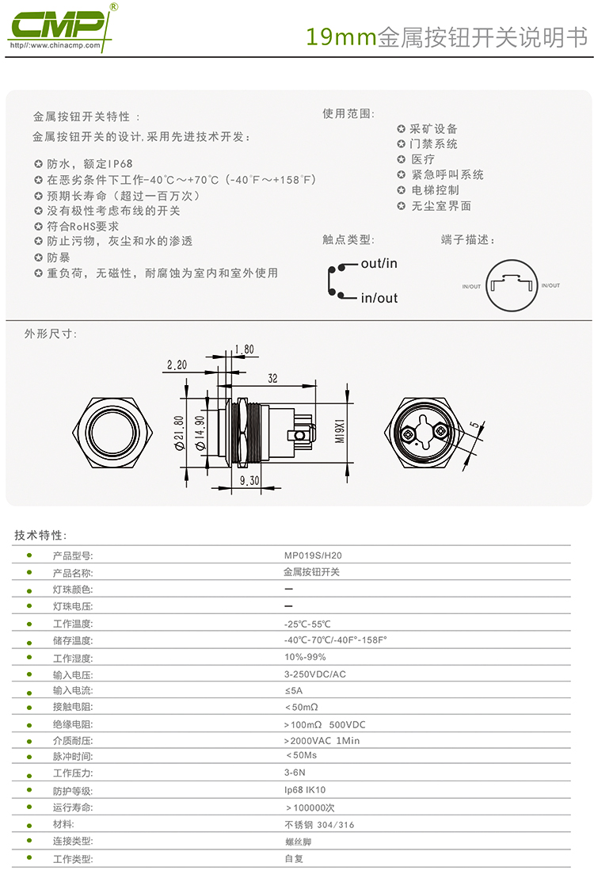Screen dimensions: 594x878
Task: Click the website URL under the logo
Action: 55,45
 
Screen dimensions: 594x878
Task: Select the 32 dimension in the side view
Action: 272,379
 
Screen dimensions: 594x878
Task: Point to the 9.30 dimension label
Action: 249,480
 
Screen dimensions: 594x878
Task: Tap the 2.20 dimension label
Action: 177,365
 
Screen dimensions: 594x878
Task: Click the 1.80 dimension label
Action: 244,349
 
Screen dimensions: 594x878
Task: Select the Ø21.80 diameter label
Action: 179,433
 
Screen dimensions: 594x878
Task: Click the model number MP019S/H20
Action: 313,555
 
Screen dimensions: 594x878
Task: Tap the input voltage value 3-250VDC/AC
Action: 315,674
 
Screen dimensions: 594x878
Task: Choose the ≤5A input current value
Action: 294,690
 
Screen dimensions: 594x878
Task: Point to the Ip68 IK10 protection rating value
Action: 305,789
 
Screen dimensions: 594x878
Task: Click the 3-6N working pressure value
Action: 295,772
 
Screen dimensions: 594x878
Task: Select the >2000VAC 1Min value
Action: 322,740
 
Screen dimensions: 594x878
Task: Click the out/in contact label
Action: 379,263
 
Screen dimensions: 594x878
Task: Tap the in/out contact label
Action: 379,298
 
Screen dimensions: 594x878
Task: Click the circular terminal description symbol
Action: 512,285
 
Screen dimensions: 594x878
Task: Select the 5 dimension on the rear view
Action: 474,425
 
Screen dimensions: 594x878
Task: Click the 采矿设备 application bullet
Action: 427,129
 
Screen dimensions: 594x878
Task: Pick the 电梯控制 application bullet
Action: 428,190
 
